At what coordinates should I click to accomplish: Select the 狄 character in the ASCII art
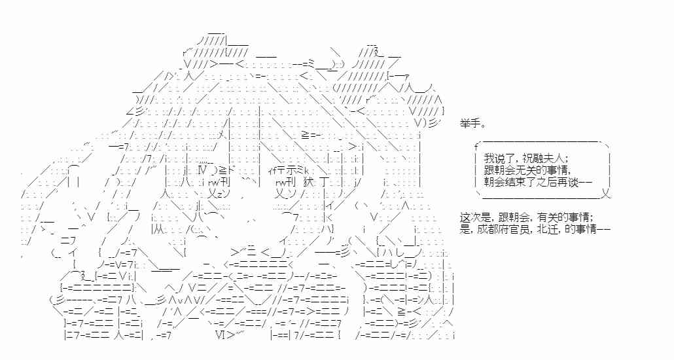(x=309, y=182)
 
